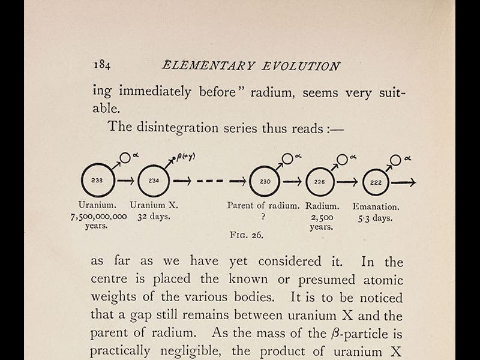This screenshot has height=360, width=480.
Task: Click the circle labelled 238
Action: coord(97,180)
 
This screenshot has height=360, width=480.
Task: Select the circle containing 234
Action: coord(154,180)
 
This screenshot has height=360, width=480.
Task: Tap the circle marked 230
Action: coord(265,180)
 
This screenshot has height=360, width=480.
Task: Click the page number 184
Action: coord(101,66)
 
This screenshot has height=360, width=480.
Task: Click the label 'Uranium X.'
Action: coord(154,205)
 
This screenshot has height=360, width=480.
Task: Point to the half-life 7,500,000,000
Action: coord(98,217)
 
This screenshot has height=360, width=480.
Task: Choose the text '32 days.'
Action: coord(154,217)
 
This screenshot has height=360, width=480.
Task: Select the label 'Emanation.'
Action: coord(376,205)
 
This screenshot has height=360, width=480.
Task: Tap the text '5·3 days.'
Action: coord(376,217)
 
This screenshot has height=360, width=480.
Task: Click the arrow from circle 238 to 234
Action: coord(125,180)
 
